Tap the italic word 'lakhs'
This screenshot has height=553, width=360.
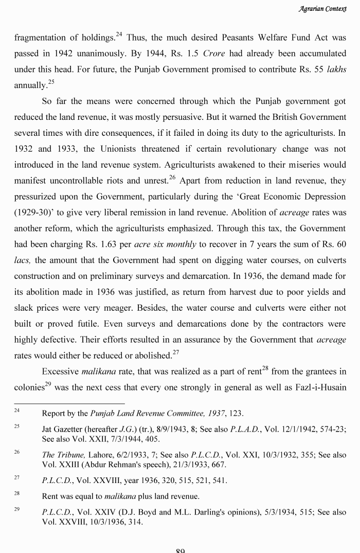point(336,70)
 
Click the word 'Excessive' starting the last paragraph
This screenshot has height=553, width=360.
point(60,371)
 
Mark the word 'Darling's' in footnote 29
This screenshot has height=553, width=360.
point(191,513)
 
